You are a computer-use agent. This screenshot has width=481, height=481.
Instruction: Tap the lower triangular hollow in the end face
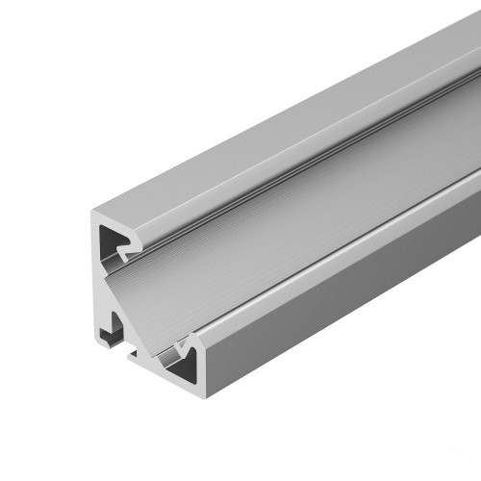click(183, 359)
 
